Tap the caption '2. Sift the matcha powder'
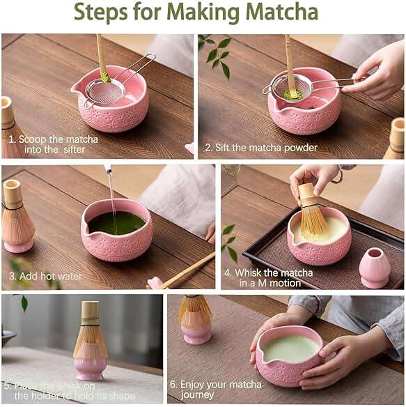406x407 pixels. coord(260,148)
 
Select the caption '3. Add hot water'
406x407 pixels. coord(45,277)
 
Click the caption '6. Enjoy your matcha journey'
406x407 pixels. coord(220,390)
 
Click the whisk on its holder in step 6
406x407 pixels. coord(195,318)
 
